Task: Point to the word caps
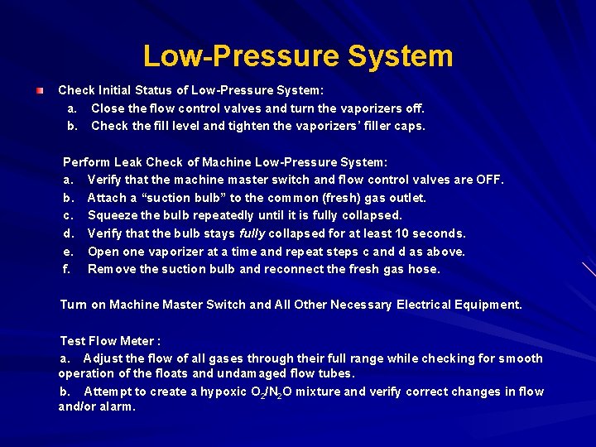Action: tap(409, 126)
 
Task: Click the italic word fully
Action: tap(253, 233)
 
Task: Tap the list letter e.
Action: tap(66, 252)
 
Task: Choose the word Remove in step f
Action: tap(111, 269)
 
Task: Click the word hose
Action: tap(425, 269)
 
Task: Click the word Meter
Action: tap(137, 341)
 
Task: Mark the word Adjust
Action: tap(102, 358)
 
